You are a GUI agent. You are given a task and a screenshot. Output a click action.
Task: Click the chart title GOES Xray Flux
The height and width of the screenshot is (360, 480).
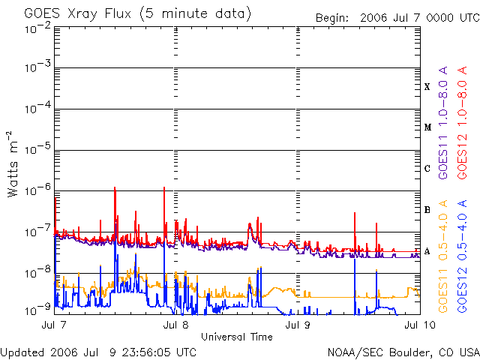(78, 14)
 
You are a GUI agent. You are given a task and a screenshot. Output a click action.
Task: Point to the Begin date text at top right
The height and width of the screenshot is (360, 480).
(397, 18)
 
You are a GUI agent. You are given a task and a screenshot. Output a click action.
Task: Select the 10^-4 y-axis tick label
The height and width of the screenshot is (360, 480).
(38, 109)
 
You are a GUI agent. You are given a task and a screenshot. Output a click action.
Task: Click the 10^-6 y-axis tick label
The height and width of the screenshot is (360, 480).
(38, 190)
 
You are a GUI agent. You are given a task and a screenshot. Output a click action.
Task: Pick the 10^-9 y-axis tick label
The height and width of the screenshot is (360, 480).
(38, 310)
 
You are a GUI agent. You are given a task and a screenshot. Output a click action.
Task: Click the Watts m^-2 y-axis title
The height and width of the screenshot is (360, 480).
(13, 164)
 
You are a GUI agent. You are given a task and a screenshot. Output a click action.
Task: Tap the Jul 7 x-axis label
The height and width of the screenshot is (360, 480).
(54, 325)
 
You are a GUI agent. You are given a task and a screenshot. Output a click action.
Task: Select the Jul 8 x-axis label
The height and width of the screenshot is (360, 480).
(175, 325)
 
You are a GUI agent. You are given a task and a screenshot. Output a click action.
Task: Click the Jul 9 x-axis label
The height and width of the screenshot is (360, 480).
(298, 325)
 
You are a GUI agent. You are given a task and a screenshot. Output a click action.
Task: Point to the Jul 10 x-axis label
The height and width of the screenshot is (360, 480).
(420, 325)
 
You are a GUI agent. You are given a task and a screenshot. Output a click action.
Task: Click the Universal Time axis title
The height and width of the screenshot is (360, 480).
(237, 337)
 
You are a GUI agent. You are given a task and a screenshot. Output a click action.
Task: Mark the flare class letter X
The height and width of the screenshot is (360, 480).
(427, 87)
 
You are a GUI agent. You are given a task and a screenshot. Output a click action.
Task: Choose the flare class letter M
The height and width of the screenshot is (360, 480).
(427, 127)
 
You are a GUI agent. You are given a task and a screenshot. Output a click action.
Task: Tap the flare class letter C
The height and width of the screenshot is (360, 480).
(427, 168)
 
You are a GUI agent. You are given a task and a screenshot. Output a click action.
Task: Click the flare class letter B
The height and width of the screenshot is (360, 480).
(427, 210)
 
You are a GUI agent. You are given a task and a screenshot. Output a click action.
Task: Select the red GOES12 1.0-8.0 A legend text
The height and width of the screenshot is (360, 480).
(462, 123)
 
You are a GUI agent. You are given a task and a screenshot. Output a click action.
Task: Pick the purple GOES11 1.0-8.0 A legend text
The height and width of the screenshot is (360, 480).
(443, 123)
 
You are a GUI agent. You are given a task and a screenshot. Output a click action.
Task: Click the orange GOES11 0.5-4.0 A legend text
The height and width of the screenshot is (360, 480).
(443, 256)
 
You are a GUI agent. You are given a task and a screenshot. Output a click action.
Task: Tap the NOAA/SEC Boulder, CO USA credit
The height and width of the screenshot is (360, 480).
(403, 352)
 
